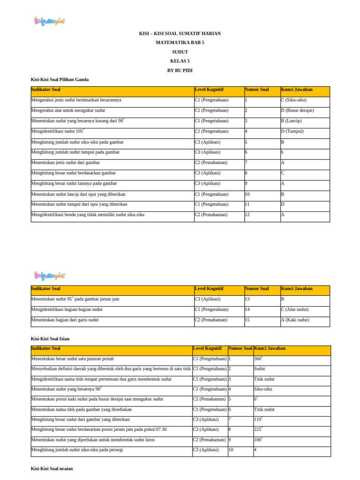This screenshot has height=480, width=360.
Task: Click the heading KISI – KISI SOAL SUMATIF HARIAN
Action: click(x=180, y=34)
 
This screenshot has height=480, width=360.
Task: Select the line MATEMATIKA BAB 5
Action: click(x=180, y=43)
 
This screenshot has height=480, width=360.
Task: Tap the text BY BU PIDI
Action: click(x=180, y=70)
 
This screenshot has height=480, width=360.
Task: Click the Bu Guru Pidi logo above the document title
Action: click(x=49, y=21)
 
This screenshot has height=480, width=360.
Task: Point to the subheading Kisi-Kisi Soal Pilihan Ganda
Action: click(x=60, y=80)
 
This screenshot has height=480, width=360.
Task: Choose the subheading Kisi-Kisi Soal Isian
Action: click(x=50, y=338)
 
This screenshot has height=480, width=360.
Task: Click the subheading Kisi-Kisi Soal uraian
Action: click(x=52, y=468)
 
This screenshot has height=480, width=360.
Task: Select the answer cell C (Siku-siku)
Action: click(x=294, y=100)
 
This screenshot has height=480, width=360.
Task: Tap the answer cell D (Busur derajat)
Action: click(x=297, y=110)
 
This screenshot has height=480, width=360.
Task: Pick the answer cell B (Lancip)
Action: click(x=291, y=121)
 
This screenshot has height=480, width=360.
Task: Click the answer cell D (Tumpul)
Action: click(x=292, y=131)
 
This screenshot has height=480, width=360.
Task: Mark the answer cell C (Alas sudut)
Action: click(x=294, y=309)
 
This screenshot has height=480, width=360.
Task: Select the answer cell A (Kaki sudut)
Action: click(x=294, y=320)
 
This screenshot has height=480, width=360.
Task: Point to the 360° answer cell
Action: click(x=258, y=359)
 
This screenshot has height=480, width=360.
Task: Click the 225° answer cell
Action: click(x=258, y=429)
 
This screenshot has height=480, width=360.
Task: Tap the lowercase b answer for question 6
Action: click(x=283, y=152)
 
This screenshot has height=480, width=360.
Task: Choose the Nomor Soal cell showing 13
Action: click(x=247, y=299)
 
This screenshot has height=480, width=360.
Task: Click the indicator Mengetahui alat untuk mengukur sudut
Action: click(x=68, y=110)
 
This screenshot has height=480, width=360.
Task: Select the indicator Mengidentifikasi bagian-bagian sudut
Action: click(x=67, y=309)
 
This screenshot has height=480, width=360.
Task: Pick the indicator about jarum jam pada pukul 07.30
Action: click(x=99, y=429)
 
